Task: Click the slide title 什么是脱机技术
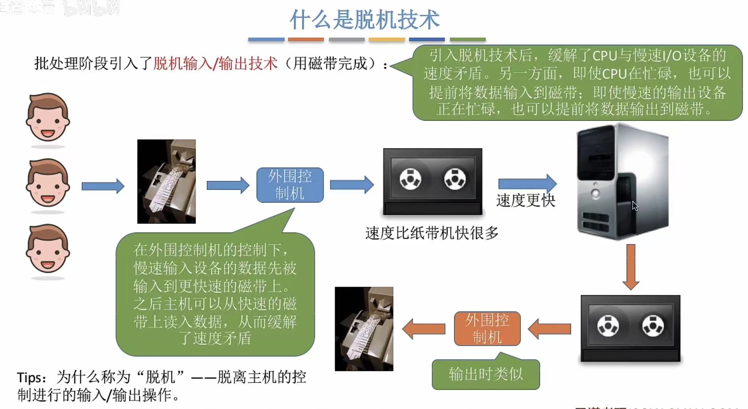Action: (x=364, y=20)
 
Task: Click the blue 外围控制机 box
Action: (x=290, y=185)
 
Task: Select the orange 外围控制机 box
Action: (x=487, y=329)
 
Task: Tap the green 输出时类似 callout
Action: (x=485, y=374)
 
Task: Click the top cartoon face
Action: (x=48, y=118)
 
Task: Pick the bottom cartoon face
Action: (x=48, y=249)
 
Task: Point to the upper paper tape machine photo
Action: (x=166, y=181)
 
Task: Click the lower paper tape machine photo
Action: (x=364, y=329)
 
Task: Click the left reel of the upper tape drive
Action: (x=410, y=179)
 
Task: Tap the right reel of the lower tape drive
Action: (x=653, y=326)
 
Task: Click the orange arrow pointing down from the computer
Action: (x=631, y=267)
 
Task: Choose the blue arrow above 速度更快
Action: (x=527, y=184)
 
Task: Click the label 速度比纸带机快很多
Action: (x=431, y=233)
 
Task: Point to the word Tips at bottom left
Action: (x=30, y=378)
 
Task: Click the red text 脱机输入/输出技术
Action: (x=215, y=63)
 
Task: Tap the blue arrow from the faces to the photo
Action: (x=103, y=186)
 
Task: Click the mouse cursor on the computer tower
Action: (x=635, y=206)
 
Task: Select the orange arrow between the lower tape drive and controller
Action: (x=549, y=329)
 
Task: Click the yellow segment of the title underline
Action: (x=387, y=39)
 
